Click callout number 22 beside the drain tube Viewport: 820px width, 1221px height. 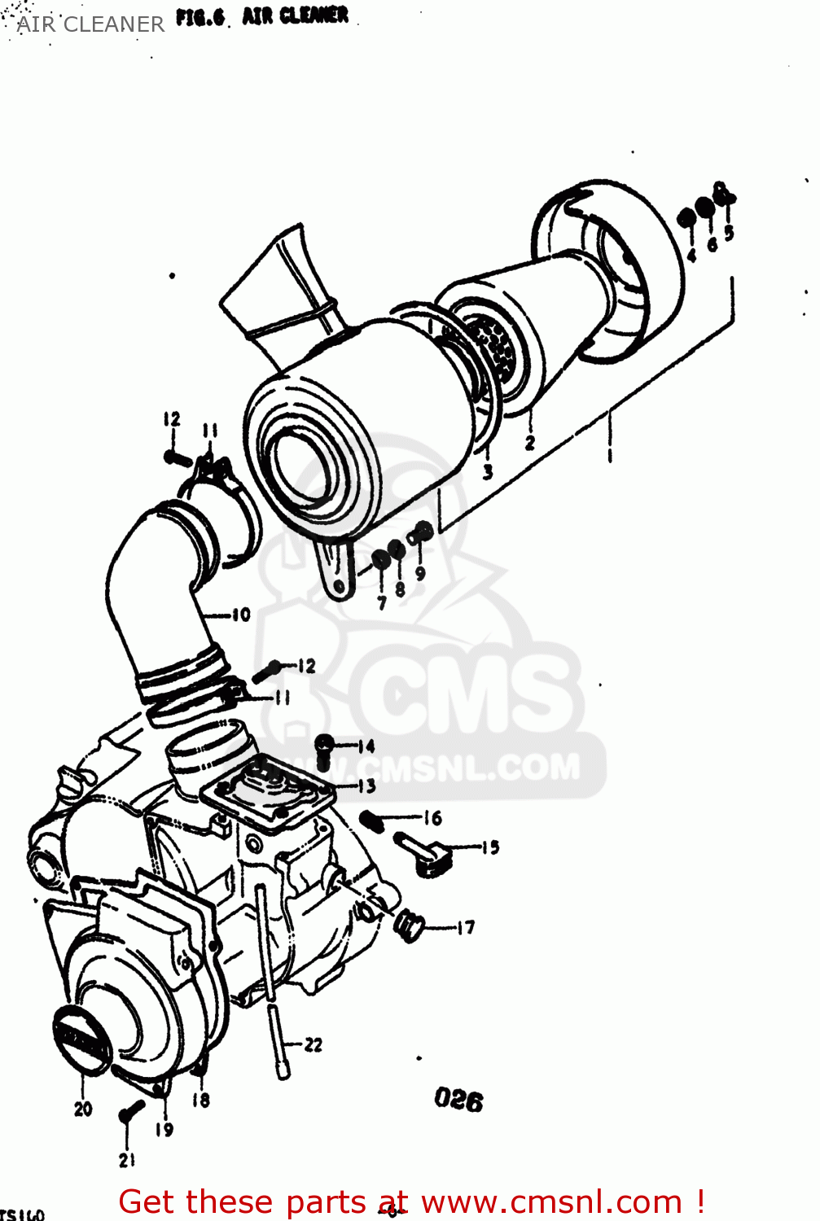(x=314, y=1044)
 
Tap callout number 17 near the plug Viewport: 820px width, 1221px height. (x=465, y=927)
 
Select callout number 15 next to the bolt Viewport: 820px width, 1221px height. (x=489, y=847)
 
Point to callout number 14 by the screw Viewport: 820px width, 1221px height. (x=366, y=746)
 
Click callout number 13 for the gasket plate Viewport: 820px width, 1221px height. (x=366, y=786)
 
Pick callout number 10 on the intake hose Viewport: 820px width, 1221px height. (x=241, y=615)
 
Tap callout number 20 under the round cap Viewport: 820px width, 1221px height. (x=83, y=1109)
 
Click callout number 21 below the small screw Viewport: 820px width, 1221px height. (x=126, y=1160)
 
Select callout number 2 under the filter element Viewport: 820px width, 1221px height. (x=530, y=443)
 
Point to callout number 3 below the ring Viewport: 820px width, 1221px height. (x=487, y=471)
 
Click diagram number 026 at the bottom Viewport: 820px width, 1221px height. (x=458, y=1100)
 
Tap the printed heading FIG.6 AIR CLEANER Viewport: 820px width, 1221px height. (x=262, y=16)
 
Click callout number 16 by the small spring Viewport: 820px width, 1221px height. (x=432, y=818)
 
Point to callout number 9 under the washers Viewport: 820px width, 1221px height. (x=420, y=573)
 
